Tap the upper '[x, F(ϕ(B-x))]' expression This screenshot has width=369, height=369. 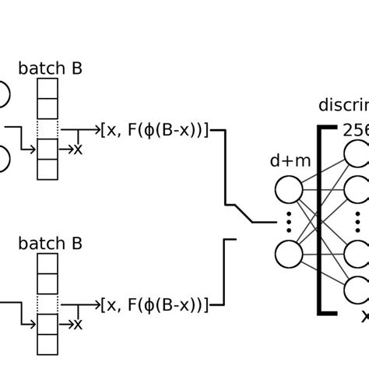(154, 130)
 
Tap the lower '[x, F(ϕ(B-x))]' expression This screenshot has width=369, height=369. (154, 304)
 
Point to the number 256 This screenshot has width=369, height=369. (355, 129)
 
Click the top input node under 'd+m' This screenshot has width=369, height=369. (288, 190)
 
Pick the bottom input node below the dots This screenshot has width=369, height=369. (288, 254)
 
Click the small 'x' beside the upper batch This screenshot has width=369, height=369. (77, 148)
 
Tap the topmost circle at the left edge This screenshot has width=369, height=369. (2, 95)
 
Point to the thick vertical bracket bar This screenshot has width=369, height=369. (320, 219)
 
